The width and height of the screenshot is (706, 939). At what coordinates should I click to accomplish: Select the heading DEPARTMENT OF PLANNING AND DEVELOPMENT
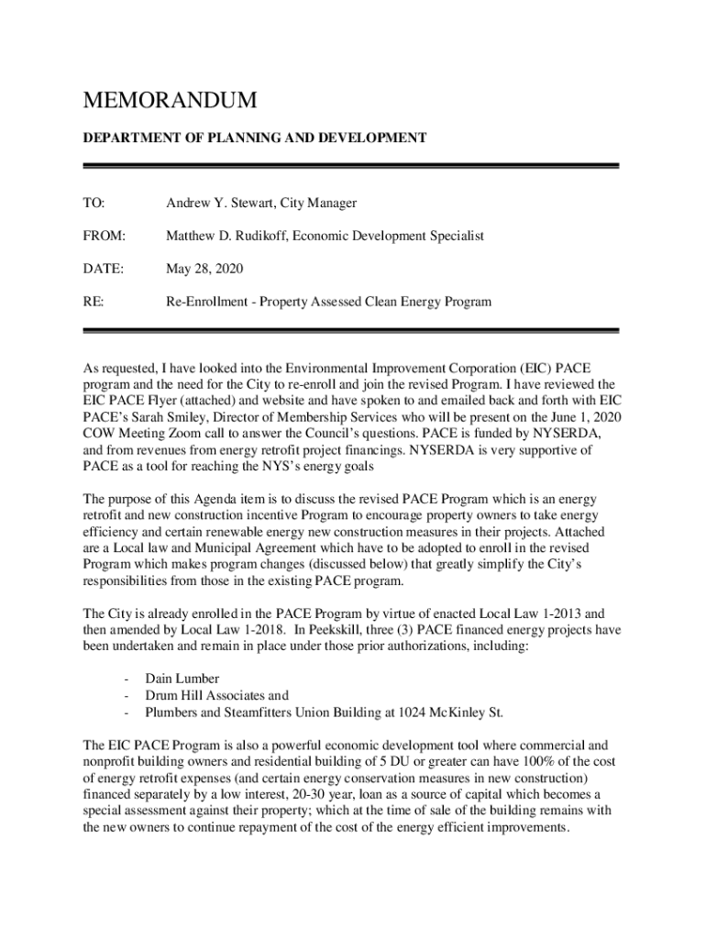tap(255, 138)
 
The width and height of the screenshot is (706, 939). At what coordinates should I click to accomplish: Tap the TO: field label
tap(94, 203)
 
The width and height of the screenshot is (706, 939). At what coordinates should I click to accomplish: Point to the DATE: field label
tap(103, 269)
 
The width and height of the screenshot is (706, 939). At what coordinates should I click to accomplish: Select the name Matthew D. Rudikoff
tap(226, 236)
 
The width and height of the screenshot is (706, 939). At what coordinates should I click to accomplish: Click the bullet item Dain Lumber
tap(182, 679)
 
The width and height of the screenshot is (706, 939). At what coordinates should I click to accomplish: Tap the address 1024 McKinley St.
tap(449, 712)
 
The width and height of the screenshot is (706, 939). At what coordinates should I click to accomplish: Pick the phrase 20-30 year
tap(373, 794)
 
